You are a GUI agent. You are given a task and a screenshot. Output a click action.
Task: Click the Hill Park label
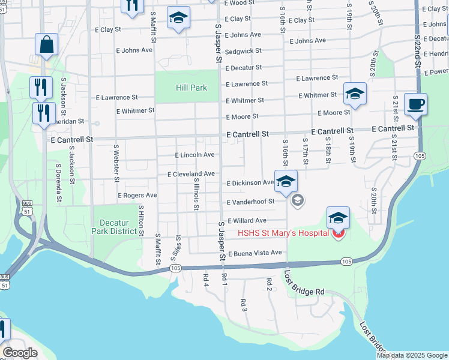click(191, 88)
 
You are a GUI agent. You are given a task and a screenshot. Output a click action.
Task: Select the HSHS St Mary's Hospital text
click(283, 233)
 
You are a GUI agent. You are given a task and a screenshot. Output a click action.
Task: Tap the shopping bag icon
click(46, 44)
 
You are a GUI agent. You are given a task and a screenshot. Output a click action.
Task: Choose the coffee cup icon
click(415, 104)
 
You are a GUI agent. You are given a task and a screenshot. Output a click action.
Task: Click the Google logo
click(19, 353)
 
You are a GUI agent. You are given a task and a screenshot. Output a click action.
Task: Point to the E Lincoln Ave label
click(194, 155)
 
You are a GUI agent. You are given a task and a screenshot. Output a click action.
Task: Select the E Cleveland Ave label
click(191, 174)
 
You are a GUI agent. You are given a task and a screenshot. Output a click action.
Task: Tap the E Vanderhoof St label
click(250, 202)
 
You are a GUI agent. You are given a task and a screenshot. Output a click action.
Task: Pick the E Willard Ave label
click(246, 221)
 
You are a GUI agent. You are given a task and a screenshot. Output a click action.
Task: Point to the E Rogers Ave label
click(137, 196)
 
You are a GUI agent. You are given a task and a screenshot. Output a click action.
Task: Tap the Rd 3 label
click(244, 305)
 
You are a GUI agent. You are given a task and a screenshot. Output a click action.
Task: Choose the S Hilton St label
click(141, 219)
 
